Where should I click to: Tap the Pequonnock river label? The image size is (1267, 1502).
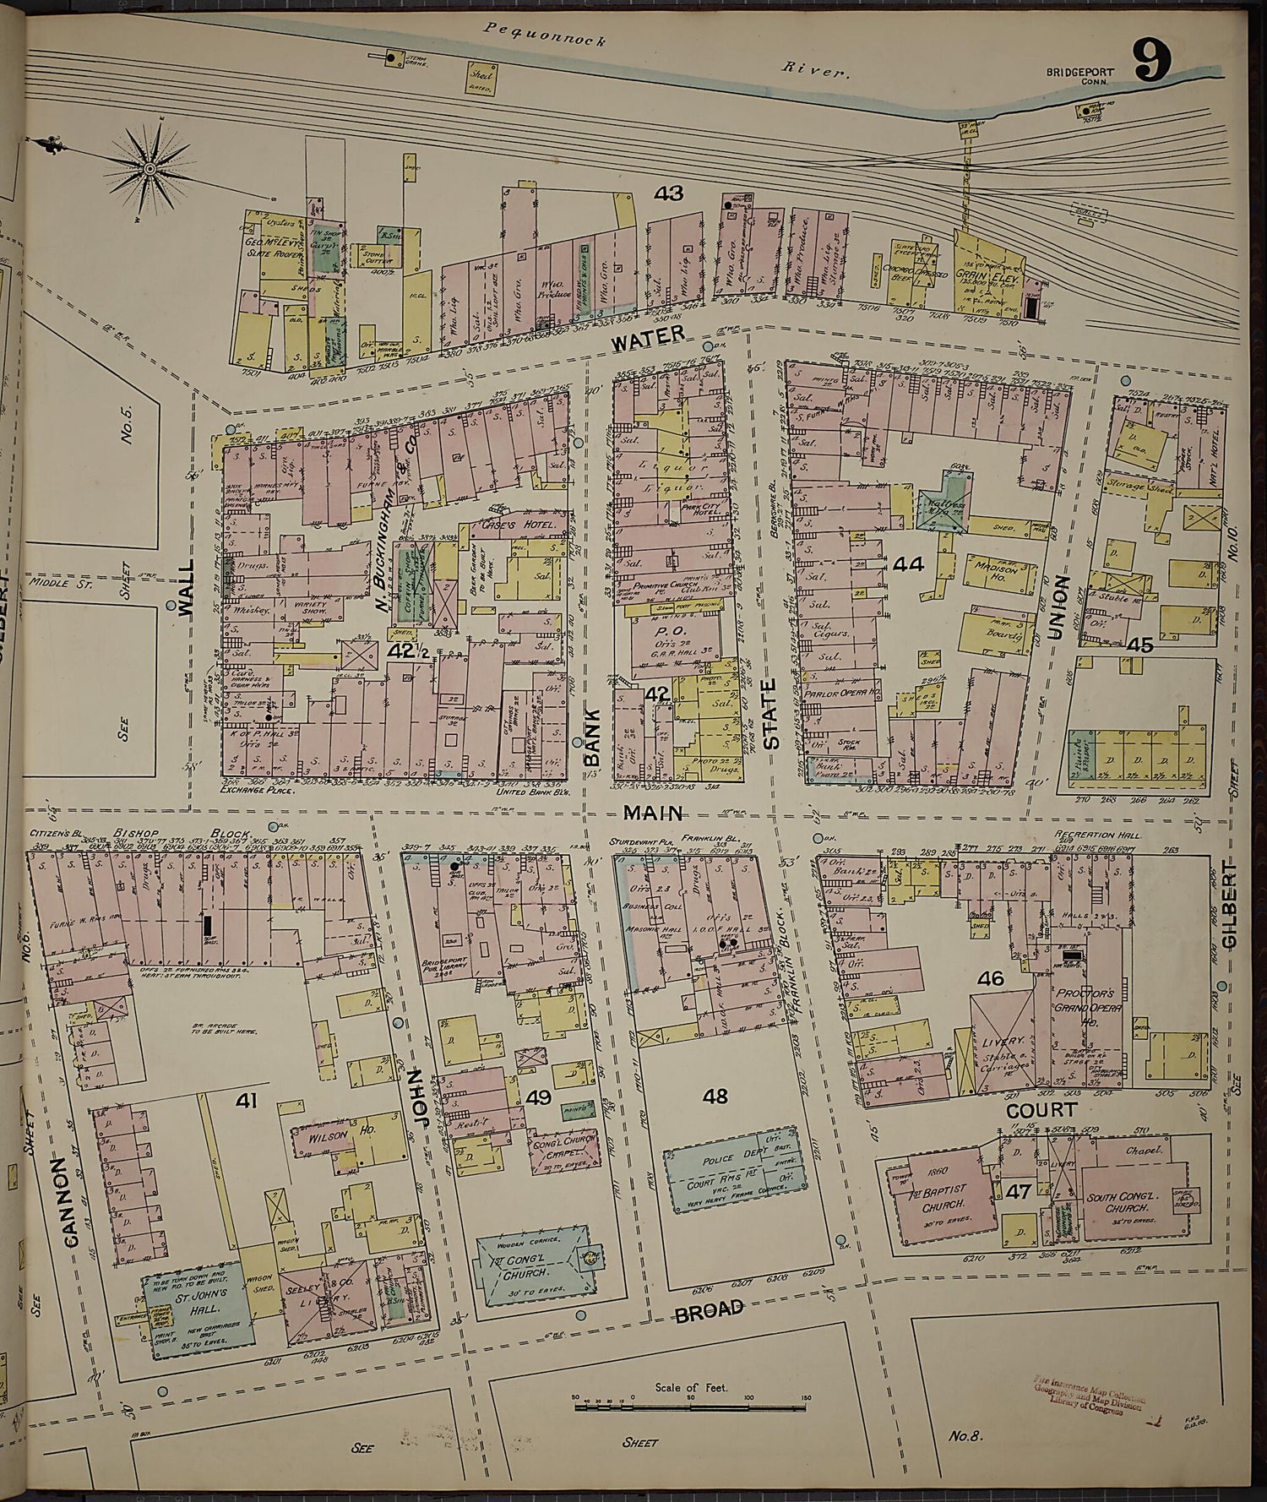pos(545,38)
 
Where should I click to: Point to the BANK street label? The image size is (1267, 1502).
pos(592,735)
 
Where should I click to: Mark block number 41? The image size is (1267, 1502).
pos(246,1100)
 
